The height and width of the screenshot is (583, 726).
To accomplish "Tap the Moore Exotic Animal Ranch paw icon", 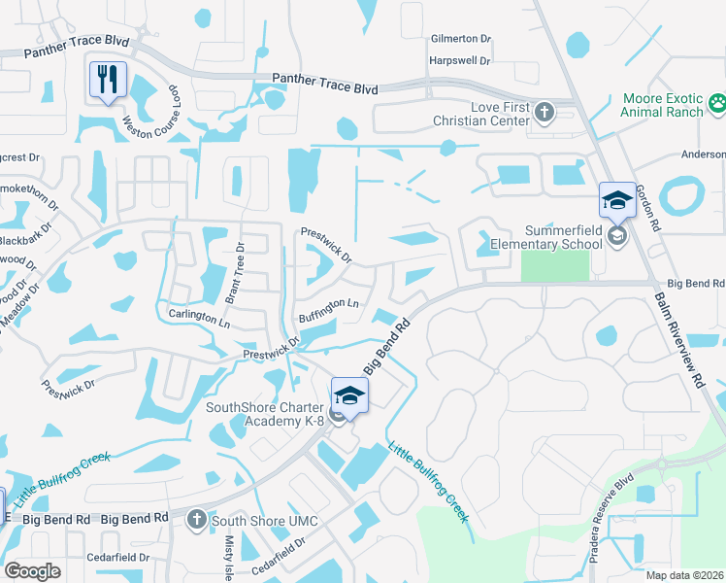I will [x=716, y=102].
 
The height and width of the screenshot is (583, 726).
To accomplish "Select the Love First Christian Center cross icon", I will [x=544, y=111].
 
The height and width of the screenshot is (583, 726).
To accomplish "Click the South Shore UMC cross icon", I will [x=198, y=520].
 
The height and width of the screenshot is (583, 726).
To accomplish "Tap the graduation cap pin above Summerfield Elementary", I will [x=616, y=201].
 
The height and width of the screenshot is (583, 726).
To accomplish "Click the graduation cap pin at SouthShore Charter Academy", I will [x=349, y=395].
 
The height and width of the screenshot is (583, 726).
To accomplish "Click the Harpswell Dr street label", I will [x=460, y=60].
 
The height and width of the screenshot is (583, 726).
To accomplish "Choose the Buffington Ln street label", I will [x=329, y=309].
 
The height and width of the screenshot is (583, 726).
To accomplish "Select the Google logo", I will [x=32, y=571].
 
